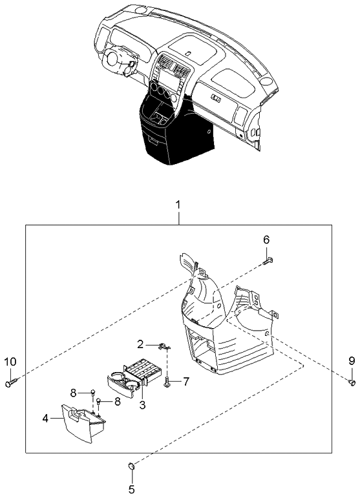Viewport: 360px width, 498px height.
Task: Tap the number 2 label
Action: [x=140, y=344]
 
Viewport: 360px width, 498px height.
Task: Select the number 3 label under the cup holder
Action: [x=142, y=405]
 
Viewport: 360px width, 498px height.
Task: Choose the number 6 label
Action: [x=266, y=240]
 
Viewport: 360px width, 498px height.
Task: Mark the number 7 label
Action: [x=185, y=382]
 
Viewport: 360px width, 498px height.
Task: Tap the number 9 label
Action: [x=352, y=360]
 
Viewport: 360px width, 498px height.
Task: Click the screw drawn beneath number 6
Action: [x=269, y=260]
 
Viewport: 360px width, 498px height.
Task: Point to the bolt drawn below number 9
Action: [x=352, y=382]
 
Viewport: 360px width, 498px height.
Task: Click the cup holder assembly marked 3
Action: [x=129, y=378]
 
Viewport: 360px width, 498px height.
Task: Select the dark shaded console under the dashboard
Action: [x=171, y=132]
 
